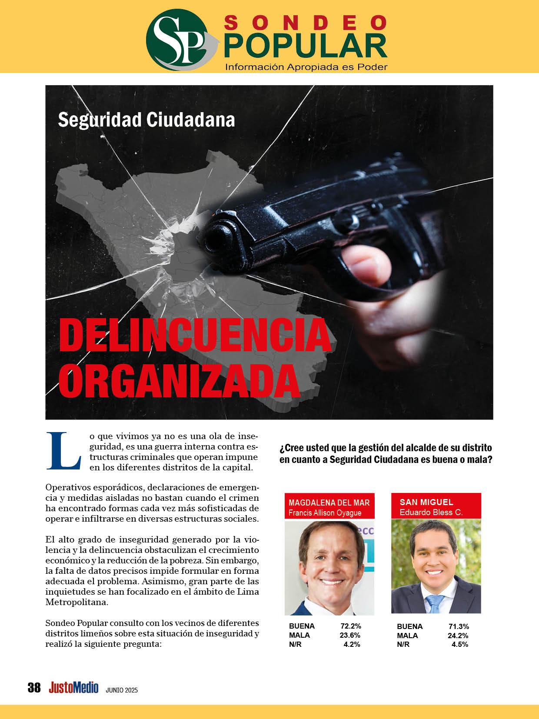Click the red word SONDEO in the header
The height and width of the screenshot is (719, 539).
click(306, 22)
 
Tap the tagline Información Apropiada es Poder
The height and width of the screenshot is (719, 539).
click(306, 67)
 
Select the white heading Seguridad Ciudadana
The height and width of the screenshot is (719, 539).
click(146, 120)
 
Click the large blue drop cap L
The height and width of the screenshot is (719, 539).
click(63, 451)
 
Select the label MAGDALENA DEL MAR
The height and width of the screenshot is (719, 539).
click(329, 503)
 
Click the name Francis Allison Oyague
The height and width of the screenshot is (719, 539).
click(325, 513)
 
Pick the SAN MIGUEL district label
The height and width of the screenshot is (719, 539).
click(420, 502)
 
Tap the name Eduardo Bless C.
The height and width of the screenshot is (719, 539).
click(431, 512)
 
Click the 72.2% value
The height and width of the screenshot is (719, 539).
click(350, 626)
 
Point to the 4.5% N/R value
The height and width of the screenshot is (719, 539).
click(460, 645)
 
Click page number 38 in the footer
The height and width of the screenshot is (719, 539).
click(34, 688)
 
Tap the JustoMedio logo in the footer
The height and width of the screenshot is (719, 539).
click(73, 688)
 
